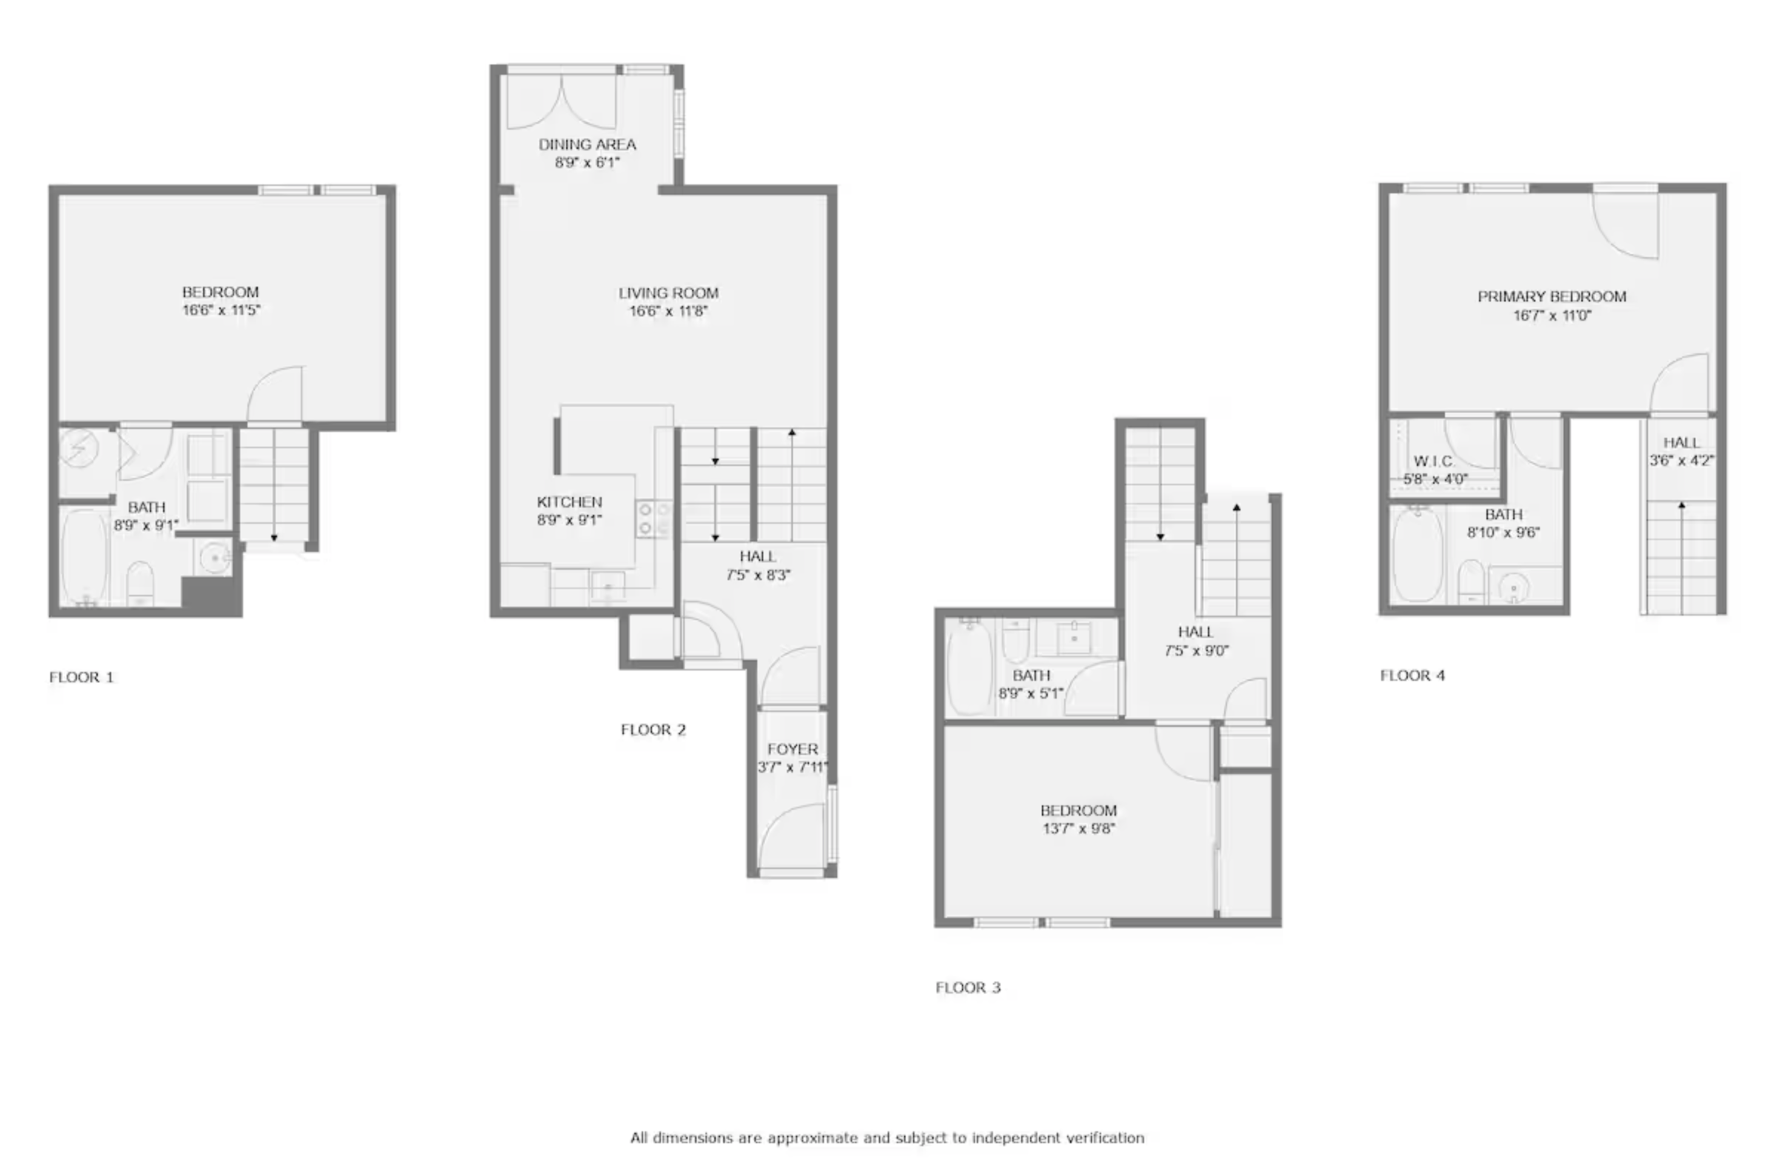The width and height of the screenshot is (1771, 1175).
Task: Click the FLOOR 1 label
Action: tap(81, 677)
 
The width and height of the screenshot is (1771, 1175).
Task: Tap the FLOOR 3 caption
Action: tap(968, 988)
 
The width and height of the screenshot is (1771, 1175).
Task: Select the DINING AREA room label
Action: tap(587, 144)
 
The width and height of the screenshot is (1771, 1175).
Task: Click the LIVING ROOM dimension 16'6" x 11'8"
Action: tap(668, 312)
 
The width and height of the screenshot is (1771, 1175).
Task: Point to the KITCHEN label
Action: tap(569, 502)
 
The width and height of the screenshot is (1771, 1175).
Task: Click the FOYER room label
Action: tap(792, 749)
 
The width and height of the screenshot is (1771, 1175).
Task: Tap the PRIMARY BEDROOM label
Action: tap(1552, 297)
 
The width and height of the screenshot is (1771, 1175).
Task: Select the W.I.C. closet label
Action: tap(1434, 461)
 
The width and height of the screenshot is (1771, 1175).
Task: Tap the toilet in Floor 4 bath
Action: tap(1470, 582)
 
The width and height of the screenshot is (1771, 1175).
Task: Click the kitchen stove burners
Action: tap(652, 519)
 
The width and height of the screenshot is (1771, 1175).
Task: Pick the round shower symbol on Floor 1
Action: tap(79, 448)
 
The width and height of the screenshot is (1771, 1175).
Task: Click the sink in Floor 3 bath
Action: tap(1074, 638)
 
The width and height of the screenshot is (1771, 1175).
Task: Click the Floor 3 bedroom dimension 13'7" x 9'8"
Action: tap(1078, 829)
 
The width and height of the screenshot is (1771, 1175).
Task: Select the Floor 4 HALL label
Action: tap(1681, 443)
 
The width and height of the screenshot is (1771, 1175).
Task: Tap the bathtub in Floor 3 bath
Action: tap(968, 666)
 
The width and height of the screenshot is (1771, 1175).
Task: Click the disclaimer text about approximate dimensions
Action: tap(887, 1137)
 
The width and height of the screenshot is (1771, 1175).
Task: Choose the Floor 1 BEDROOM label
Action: tap(220, 292)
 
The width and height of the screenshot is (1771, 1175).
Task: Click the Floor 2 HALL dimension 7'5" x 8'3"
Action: tap(758, 576)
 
